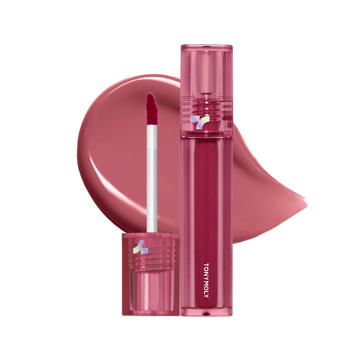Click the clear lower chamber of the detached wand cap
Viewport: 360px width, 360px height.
[151, 292]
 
